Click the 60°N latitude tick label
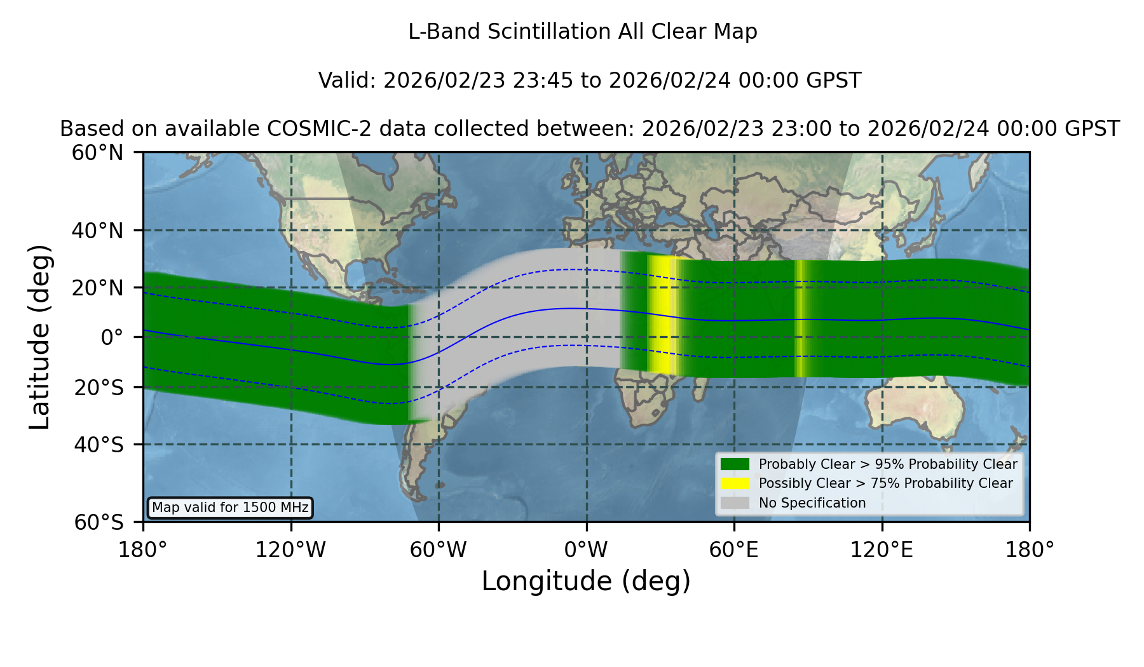(98, 153)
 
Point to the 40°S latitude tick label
(99, 445)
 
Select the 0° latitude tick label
(112, 337)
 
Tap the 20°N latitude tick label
(98, 288)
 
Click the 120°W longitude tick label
(290, 550)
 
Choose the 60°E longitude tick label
(734, 550)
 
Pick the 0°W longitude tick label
(586, 550)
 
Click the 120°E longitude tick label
(882, 550)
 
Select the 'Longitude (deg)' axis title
(586, 581)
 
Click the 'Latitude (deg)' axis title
(39, 337)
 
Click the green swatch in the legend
(735, 464)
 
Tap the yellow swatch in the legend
(735, 483)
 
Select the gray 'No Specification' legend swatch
(735, 503)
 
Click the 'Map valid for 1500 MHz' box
(230, 508)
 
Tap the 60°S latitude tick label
(99, 523)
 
